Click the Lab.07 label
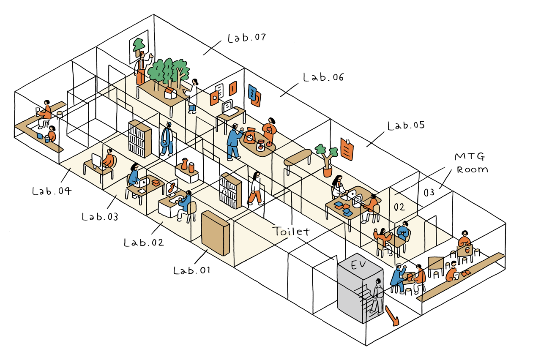pos(246,38)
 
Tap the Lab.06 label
pos(323,77)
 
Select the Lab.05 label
pos(406,126)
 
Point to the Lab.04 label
pos(51,191)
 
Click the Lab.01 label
pos(191,270)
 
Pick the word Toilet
pos(291,231)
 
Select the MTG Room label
pos(471,163)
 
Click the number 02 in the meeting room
pos(399,207)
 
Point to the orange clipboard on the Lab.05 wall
pos(347,149)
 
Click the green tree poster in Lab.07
pos(138,44)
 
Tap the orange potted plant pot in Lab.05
pos(328,172)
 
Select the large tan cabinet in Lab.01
pos(215,234)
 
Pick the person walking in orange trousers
pos(255,189)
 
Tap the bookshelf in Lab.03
pos(139,139)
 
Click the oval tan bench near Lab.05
pos(298,157)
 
